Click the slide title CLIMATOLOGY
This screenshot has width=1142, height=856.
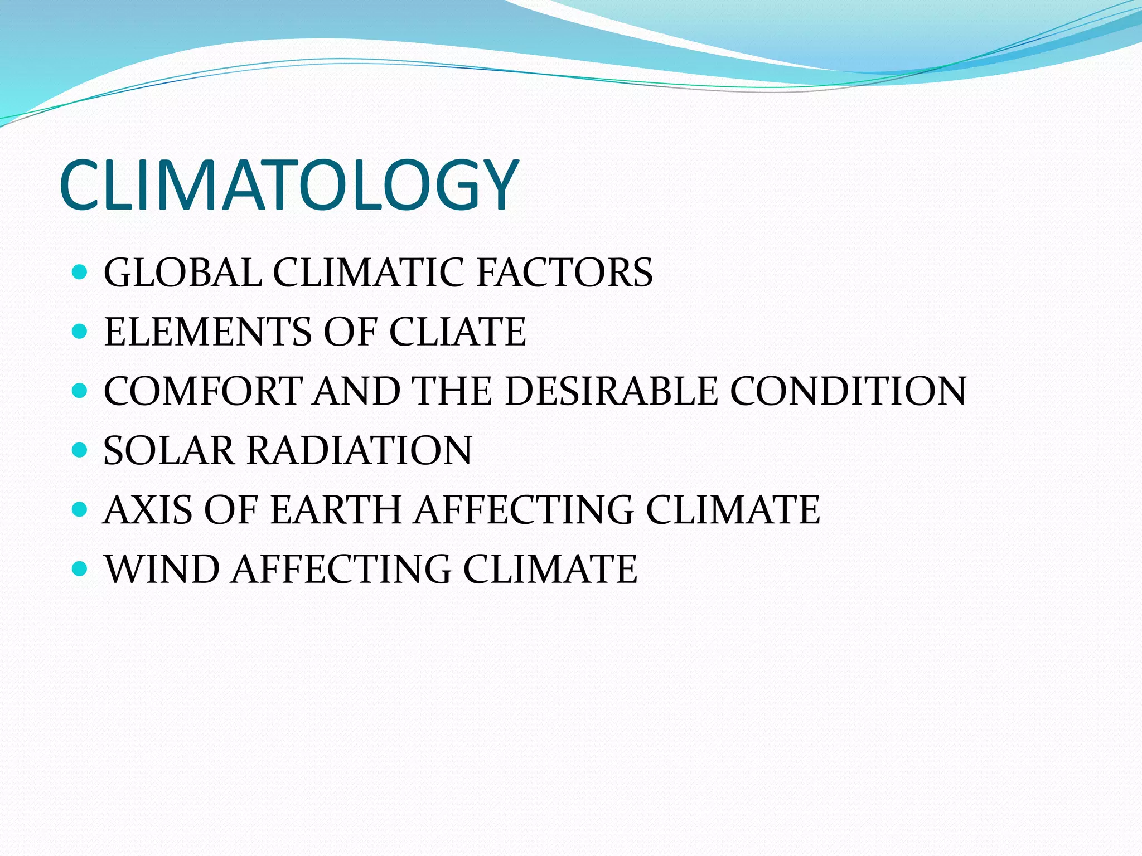point(289,185)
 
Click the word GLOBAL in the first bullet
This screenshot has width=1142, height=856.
point(183,273)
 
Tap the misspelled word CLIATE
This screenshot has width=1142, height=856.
point(457,332)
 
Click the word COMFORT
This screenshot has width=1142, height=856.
point(203,391)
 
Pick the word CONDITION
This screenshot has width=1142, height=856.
point(848,391)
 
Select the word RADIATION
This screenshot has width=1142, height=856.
point(359,450)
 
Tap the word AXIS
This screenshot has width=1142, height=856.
point(148,509)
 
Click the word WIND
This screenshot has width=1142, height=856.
point(162,569)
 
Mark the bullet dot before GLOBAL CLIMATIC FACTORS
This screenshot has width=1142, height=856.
point(80,273)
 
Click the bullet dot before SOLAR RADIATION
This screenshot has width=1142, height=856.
point(80,450)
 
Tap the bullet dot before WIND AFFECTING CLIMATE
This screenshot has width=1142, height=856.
point(80,568)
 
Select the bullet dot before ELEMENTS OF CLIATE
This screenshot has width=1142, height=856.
point(80,332)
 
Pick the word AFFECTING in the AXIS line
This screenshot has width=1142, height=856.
point(524,509)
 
